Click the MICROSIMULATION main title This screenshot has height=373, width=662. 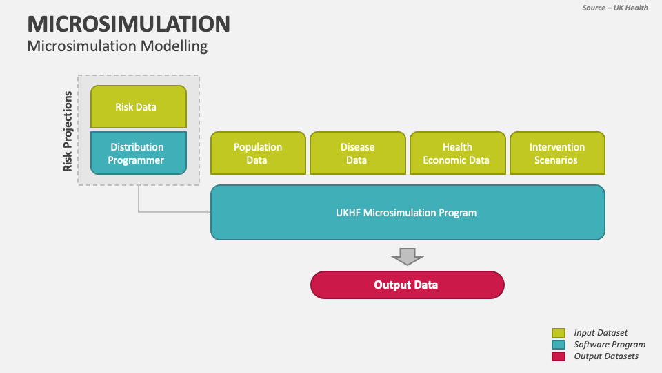(x=129, y=23)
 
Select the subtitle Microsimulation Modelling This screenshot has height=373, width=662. (x=117, y=46)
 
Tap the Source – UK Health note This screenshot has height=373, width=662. (x=614, y=8)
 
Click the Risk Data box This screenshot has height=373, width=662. (x=139, y=107)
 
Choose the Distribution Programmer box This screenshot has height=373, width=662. (x=139, y=153)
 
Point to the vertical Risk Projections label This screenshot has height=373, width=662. (x=68, y=131)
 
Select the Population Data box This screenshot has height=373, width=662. (x=258, y=153)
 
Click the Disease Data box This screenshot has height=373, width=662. (x=357, y=153)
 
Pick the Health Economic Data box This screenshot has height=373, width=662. (x=457, y=153)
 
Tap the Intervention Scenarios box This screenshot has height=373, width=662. (x=557, y=153)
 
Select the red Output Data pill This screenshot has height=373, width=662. (x=407, y=285)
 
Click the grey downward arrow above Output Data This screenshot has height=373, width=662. (x=407, y=257)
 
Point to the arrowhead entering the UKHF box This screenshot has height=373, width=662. (x=208, y=212)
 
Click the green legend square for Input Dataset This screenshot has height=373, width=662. (x=559, y=333)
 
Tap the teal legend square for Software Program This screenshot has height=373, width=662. (x=559, y=345)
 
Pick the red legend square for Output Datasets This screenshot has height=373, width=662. (x=559, y=356)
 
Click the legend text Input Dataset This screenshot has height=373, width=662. (x=601, y=333)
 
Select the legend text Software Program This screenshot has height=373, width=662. (x=610, y=345)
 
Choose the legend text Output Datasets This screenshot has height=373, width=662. (x=606, y=356)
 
